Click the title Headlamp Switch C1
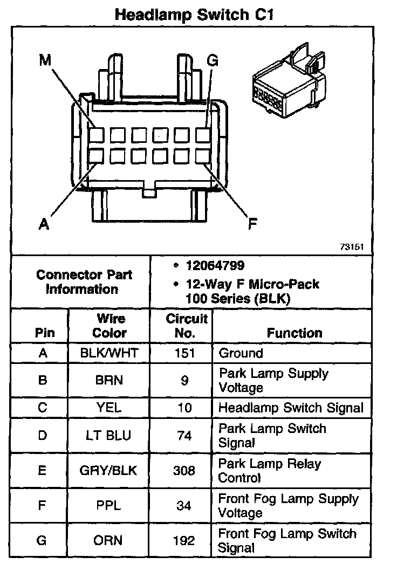point(195,15)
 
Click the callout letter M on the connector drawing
point(45,60)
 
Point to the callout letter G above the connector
point(213,60)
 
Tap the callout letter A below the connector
point(45,222)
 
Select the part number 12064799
point(215,265)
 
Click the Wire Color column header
point(109,325)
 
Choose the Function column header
point(294,333)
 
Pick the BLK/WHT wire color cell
point(109,354)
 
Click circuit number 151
point(184,354)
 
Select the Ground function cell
point(241,354)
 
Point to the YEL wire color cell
point(109,408)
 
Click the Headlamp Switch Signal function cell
point(291,408)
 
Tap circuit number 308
point(184,471)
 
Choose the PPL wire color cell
point(109,506)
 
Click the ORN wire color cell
point(109,540)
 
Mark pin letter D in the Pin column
point(43,436)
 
